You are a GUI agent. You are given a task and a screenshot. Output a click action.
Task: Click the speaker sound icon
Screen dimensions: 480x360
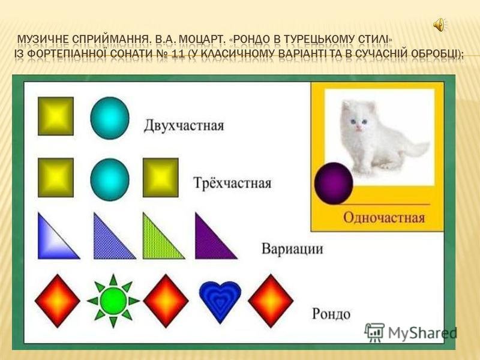(439, 25)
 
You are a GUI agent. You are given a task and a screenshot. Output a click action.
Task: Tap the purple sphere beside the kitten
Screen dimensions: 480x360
(334, 183)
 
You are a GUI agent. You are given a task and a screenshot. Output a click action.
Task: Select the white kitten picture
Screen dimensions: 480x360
(380, 138)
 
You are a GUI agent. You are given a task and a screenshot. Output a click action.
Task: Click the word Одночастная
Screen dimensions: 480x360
(384, 218)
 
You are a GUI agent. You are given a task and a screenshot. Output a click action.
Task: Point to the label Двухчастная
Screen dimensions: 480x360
(184, 125)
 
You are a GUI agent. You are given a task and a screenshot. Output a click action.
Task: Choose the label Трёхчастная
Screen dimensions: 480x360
(232, 183)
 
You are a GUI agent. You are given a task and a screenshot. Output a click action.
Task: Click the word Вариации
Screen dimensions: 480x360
(292, 248)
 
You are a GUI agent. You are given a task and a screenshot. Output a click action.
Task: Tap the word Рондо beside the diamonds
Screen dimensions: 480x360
(331, 314)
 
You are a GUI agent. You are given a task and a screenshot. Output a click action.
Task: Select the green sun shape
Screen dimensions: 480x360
(113, 301)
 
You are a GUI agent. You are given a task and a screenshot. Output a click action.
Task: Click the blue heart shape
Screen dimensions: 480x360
(220, 302)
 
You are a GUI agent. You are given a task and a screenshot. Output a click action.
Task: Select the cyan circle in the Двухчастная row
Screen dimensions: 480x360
(110, 118)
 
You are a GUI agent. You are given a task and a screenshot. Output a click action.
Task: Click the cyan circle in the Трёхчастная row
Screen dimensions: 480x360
(110, 179)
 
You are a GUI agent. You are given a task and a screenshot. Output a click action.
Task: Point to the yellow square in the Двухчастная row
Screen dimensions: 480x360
(56, 116)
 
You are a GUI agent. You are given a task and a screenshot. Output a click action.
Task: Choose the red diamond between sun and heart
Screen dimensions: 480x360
(166, 301)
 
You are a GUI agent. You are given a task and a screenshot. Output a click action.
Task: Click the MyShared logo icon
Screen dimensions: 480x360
(374, 332)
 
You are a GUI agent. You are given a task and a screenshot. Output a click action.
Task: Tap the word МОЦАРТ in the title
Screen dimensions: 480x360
(201, 40)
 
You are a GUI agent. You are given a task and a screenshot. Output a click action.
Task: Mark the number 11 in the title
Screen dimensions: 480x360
(178, 53)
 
